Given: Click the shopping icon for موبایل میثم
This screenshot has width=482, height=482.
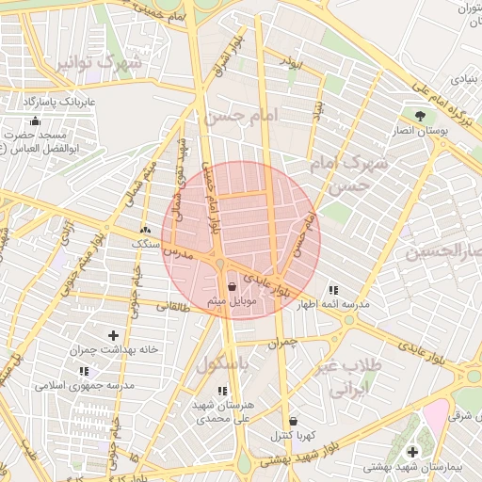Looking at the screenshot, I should coord(232,288).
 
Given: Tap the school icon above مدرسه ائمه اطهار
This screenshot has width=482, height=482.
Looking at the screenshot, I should coord(332,290).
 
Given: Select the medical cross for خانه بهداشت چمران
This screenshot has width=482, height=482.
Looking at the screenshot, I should coord(114,335).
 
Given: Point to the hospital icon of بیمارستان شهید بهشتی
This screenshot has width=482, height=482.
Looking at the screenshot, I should coord(412,452).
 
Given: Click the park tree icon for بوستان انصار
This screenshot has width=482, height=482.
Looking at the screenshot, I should coord(420,113).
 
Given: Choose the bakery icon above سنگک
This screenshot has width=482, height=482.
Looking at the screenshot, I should coord(144,229).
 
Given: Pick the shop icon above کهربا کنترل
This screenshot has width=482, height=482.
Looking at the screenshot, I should coord(296,420).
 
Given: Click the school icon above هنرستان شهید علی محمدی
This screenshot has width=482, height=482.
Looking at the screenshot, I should coord(222,390).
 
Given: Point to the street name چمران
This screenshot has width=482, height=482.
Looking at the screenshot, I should coord(289,344).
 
